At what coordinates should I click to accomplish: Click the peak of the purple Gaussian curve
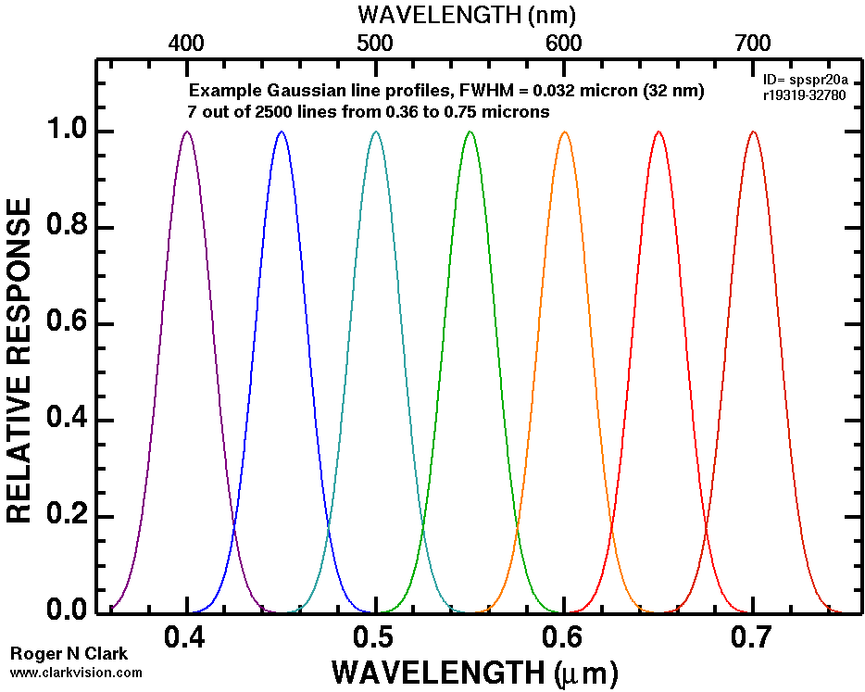[187, 132]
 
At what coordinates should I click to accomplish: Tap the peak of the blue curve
[282, 132]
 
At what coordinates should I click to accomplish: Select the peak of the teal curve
[375, 132]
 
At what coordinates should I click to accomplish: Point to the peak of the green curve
[470, 132]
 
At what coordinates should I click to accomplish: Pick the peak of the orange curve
[564, 132]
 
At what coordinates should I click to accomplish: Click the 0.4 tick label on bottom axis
[187, 638]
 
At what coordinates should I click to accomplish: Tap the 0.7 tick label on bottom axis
[752, 638]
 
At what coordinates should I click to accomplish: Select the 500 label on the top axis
[375, 43]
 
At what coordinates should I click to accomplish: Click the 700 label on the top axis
[752, 43]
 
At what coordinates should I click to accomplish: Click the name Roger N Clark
[69, 654]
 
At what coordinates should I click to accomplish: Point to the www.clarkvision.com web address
[77, 673]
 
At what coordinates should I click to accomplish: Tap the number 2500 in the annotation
[274, 112]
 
